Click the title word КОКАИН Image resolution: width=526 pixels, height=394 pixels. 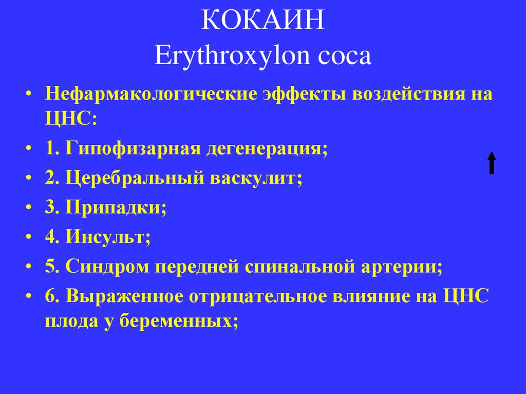(x=262, y=23)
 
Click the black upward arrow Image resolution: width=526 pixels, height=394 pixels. (x=492, y=163)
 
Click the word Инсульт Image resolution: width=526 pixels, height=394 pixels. (x=107, y=238)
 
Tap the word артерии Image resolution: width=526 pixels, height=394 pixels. (x=399, y=267)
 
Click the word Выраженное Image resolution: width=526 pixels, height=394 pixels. (x=132, y=297)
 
